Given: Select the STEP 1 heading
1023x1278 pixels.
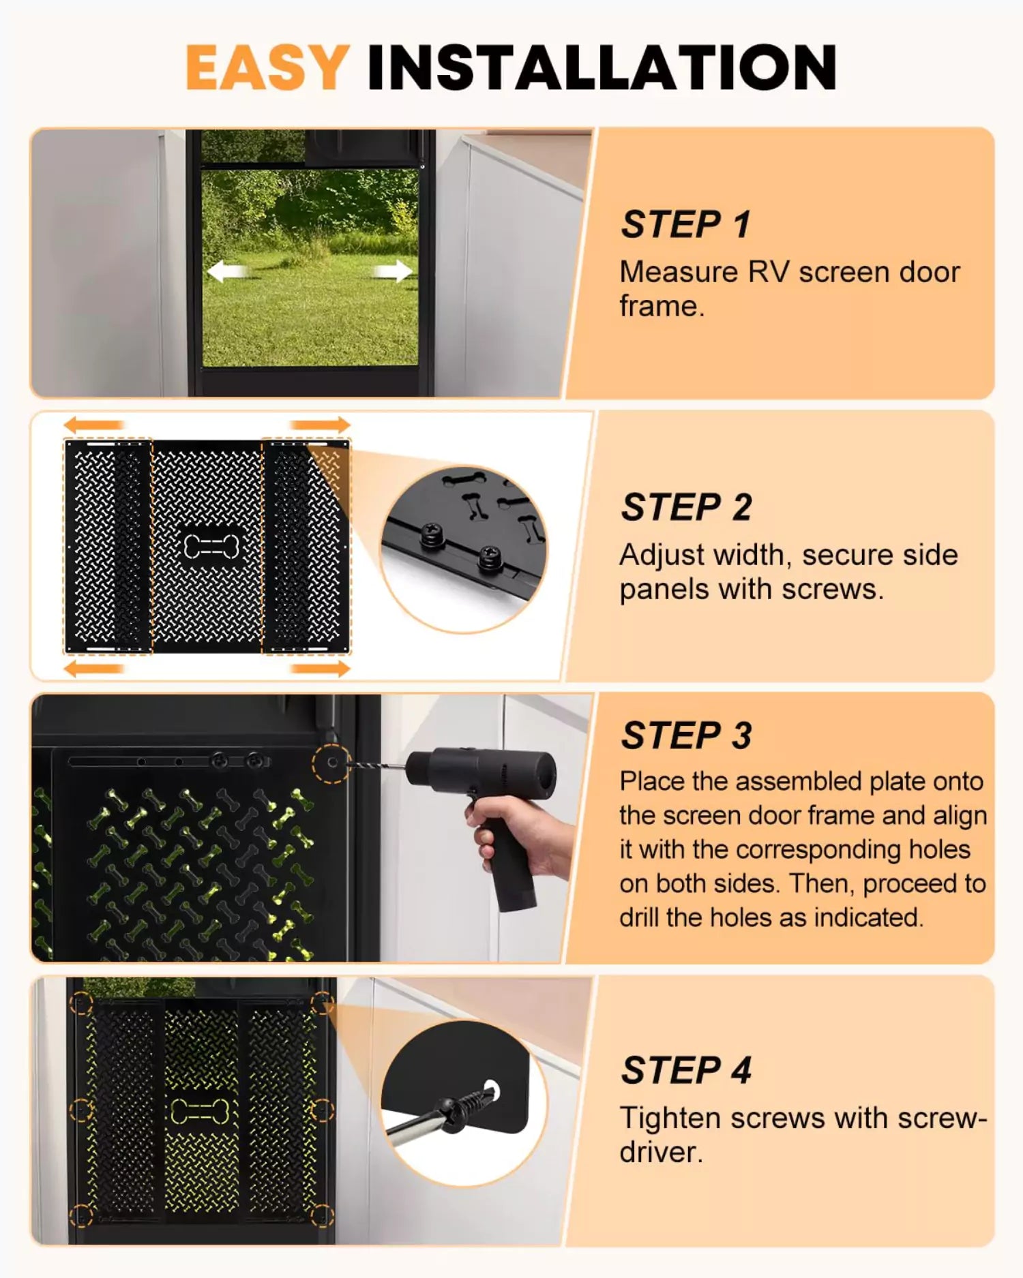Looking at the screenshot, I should click(685, 224).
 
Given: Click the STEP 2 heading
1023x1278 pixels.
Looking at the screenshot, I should click(686, 507).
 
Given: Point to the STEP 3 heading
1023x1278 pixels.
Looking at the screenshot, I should click(686, 735).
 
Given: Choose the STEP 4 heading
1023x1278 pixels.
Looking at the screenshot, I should click(685, 1069).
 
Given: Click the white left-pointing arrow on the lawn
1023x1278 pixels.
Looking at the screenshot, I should click(226, 272).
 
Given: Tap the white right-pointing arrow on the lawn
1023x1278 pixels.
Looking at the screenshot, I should click(394, 271).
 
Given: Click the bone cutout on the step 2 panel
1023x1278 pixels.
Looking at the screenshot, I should click(211, 545).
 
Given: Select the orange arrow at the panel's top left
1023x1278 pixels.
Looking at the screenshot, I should click(93, 425).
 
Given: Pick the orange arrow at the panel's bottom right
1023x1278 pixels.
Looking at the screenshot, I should click(320, 668).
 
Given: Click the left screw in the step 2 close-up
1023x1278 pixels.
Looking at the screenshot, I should click(432, 534).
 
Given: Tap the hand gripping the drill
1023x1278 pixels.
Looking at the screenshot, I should click(518, 835).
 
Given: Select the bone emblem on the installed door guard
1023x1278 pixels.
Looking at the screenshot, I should click(199, 1110).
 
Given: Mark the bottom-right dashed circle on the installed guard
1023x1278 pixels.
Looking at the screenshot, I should click(322, 1215).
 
